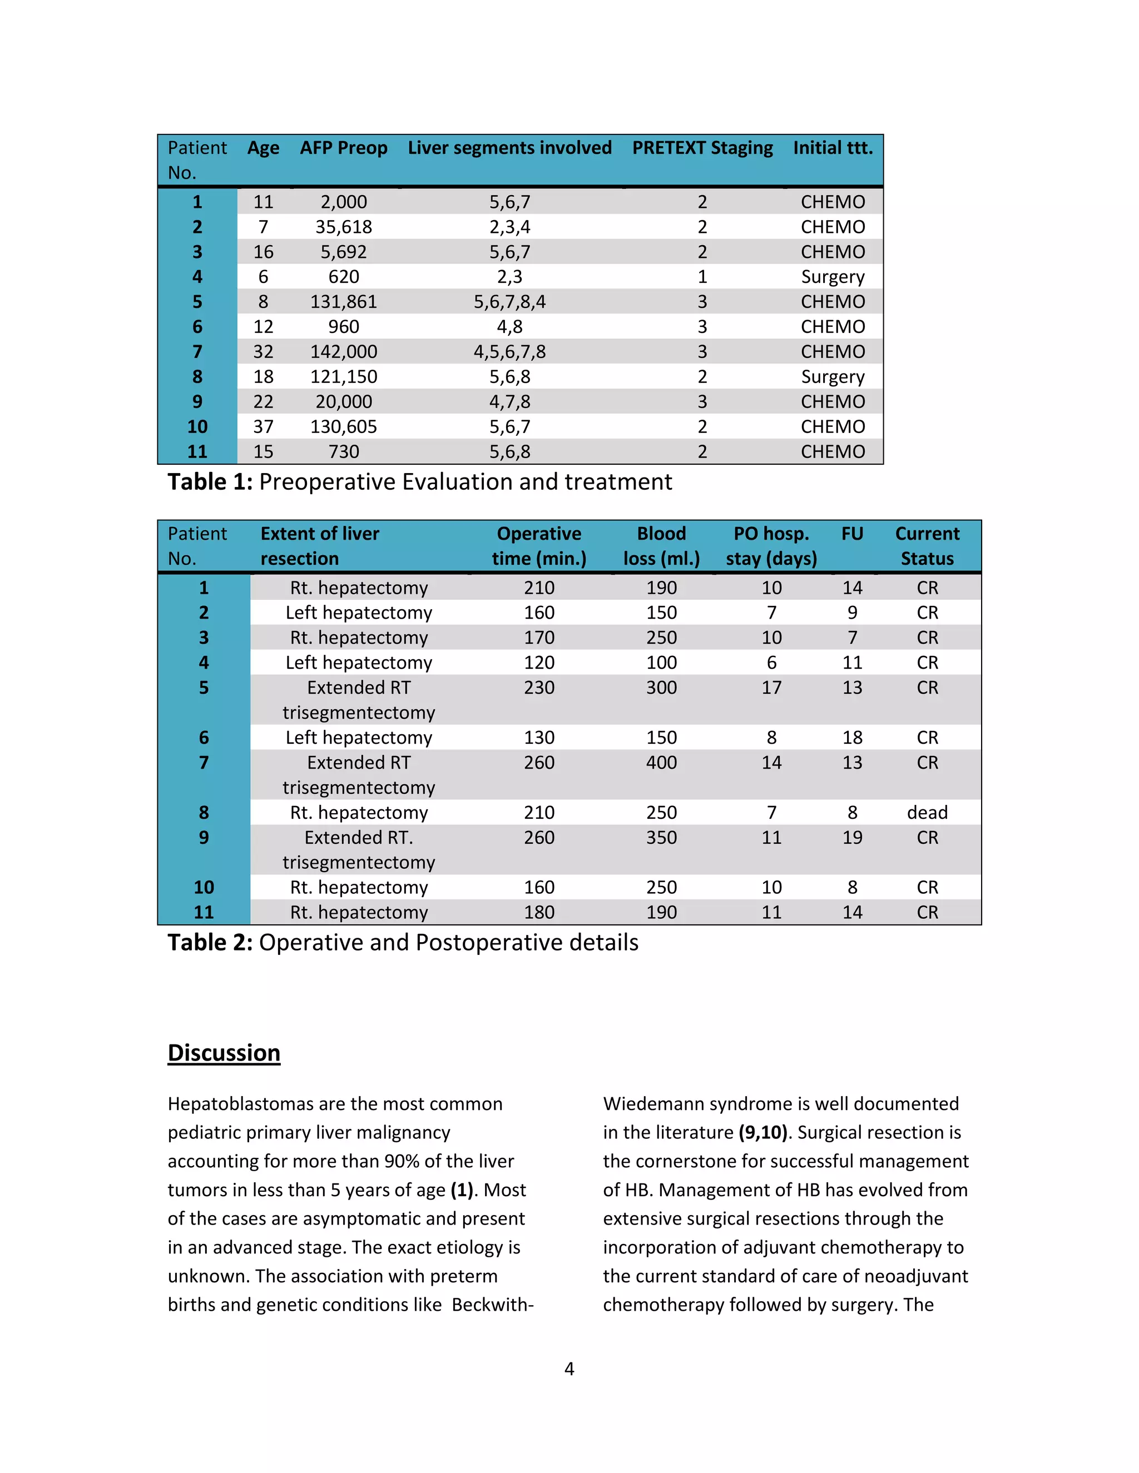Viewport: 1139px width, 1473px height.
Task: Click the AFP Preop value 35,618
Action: pyautogui.click(x=344, y=227)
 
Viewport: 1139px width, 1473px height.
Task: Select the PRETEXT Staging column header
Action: pyautogui.click(x=702, y=148)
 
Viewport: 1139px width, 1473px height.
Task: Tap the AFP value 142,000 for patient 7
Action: pyautogui.click(x=344, y=351)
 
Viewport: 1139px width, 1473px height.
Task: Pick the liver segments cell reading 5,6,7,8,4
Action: pyautogui.click(x=509, y=301)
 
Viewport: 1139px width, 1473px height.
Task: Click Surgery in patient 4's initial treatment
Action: pyautogui.click(x=833, y=276)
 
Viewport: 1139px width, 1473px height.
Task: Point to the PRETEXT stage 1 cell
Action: pyautogui.click(x=702, y=276)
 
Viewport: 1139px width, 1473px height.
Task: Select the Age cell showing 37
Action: pyautogui.click(x=263, y=426)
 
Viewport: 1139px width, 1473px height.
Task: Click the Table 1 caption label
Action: pyautogui.click(x=210, y=481)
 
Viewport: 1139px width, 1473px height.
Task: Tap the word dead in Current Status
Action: pyautogui.click(x=927, y=812)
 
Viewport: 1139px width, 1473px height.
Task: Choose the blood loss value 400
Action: pyautogui.click(x=661, y=762)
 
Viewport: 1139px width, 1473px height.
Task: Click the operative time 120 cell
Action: pyautogui.click(x=539, y=663)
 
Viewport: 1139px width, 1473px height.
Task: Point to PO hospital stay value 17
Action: pyautogui.click(x=771, y=687)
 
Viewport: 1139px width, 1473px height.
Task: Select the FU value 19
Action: pyautogui.click(x=852, y=837)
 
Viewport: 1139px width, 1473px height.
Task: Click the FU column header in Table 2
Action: pyautogui.click(x=852, y=534)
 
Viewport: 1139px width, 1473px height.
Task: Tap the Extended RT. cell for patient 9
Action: pyautogui.click(x=358, y=837)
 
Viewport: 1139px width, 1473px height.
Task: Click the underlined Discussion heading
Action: pyautogui.click(x=224, y=1053)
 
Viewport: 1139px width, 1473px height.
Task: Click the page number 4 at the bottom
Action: pyautogui.click(x=569, y=1369)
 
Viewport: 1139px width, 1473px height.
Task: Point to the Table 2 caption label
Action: pyautogui.click(x=210, y=942)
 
